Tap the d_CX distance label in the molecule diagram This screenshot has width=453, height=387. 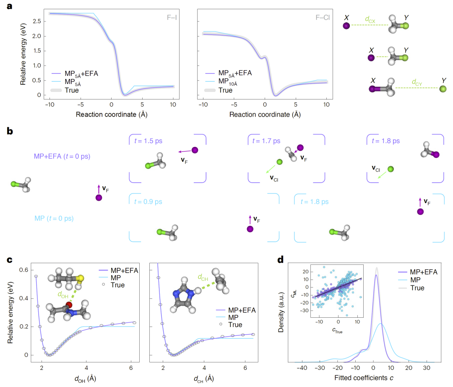tap(370, 19)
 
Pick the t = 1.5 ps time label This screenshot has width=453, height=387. tap(148, 141)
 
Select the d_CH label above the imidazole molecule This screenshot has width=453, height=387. tap(203, 277)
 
